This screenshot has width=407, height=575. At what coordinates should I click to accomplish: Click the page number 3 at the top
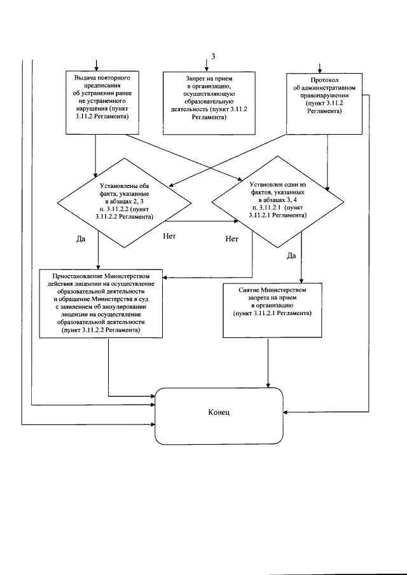click(213, 56)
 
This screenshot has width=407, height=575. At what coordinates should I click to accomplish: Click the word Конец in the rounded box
click(219, 412)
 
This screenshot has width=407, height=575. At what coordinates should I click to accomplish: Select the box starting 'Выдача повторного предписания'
click(102, 102)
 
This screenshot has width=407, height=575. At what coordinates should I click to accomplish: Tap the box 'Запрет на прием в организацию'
click(209, 103)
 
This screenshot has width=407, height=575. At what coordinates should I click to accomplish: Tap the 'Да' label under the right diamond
click(291, 256)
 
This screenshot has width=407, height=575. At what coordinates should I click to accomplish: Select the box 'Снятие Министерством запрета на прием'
click(272, 310)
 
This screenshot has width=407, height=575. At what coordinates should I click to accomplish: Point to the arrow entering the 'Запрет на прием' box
click(207, 65)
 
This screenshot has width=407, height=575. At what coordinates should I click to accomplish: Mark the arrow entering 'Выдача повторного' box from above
click(96, 65)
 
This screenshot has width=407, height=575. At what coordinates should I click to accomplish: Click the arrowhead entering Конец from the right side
click(286, 412)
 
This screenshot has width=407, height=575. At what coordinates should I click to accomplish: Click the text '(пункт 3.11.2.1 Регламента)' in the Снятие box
click(272, 313)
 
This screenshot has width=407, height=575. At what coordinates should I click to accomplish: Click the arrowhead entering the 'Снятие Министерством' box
click(301, 281)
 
